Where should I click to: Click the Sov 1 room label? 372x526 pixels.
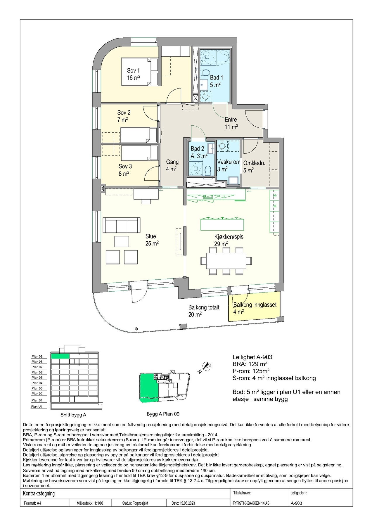click(x=133, y=71)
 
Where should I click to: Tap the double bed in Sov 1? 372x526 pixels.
click(x=140, y=72)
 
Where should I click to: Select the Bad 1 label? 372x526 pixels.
click(x=217, y=78)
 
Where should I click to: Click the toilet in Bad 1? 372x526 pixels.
click(x=206, y=73)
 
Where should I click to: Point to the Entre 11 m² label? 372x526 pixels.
click(x=231, y=123)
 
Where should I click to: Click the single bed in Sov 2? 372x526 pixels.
click(x=139, y=135)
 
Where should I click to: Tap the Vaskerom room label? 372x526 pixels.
click(x=229, y=162)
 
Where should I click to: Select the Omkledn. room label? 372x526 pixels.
click(x=254, y=163)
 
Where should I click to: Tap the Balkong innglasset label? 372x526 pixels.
click(x=255, y=305)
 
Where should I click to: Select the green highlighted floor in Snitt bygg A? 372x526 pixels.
click(x=60, y=356)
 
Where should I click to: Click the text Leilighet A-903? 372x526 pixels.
click(x=252, y=357)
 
